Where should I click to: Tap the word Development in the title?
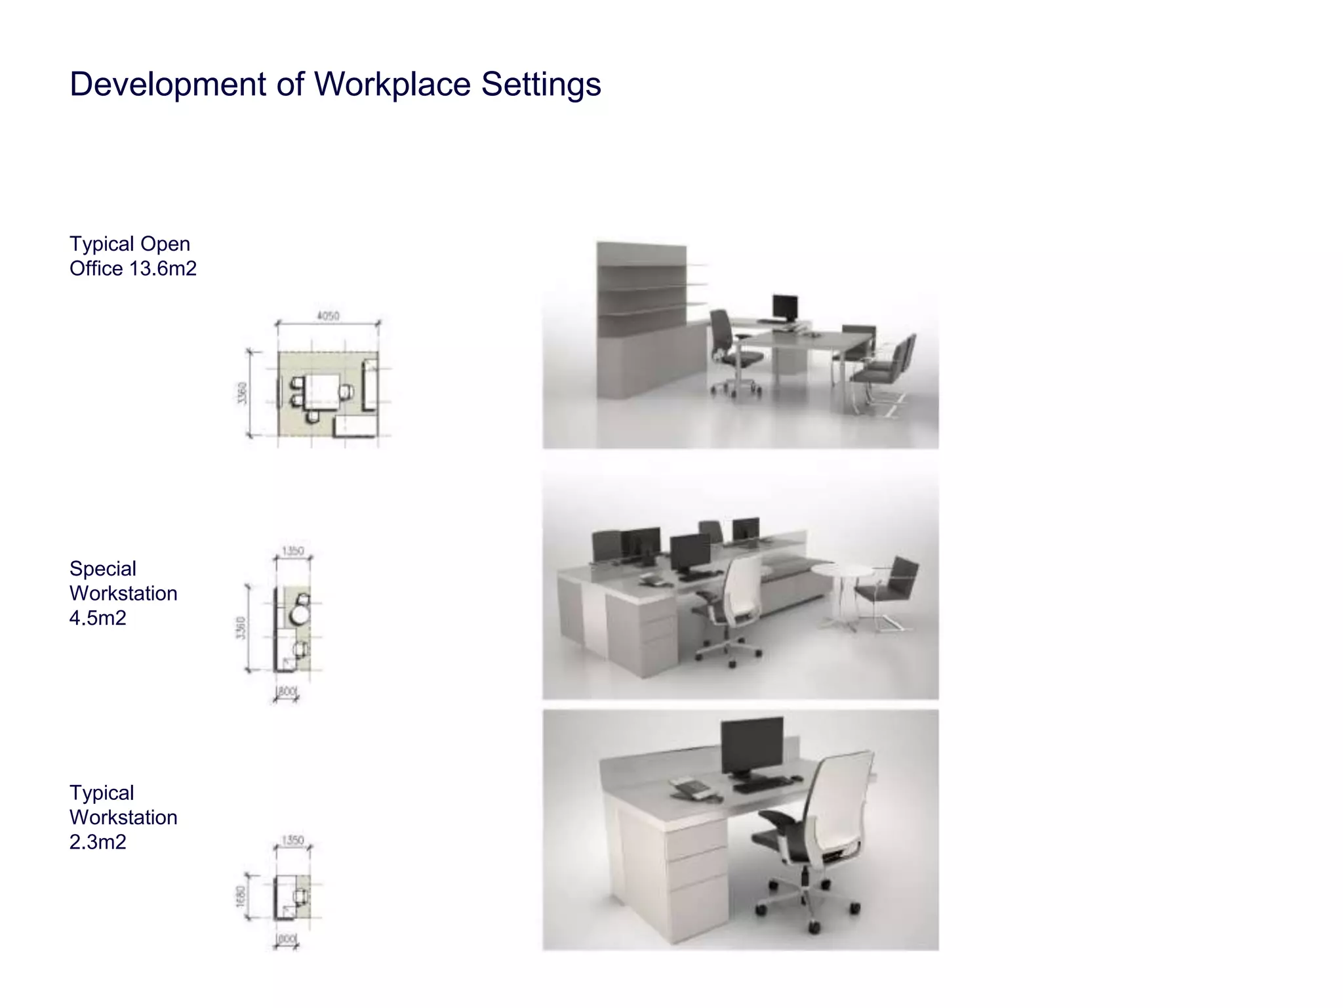click(168, 85)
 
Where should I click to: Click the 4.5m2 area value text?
click(98, 618)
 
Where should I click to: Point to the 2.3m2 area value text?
click(98, 841)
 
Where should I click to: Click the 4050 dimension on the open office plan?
click(328, 316)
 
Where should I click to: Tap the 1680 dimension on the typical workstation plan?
click(240, 896)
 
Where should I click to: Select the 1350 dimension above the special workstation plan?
click(292, 551)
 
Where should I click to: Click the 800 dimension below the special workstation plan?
click(287, 691)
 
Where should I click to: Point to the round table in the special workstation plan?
click(299, 615)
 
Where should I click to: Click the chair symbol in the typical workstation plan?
click(300, 896)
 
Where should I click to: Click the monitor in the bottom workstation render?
click(752, 745)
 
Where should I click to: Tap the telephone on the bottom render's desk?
click(689, 787)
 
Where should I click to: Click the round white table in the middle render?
click(843, 570)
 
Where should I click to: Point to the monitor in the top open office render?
click(785, 306)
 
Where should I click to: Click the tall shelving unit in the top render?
click(641, 315)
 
